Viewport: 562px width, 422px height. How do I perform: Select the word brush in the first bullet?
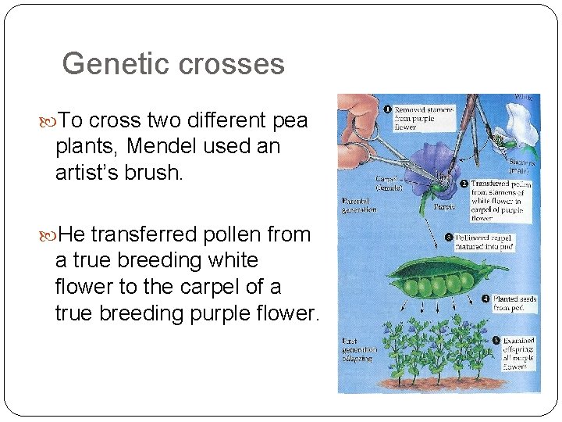click(x=158, y=172)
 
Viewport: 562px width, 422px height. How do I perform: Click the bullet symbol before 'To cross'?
click(x=52, y=121)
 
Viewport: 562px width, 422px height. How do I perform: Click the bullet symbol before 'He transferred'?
click(x=52, y=234)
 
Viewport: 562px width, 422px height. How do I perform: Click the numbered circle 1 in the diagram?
click(x=387, y=109)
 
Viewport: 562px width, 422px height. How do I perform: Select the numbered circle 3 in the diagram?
click(x=449, y=237)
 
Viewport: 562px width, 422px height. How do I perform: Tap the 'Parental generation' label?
click(x=359, y=205)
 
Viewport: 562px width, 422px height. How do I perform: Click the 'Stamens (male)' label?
click(x=518, y=162)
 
